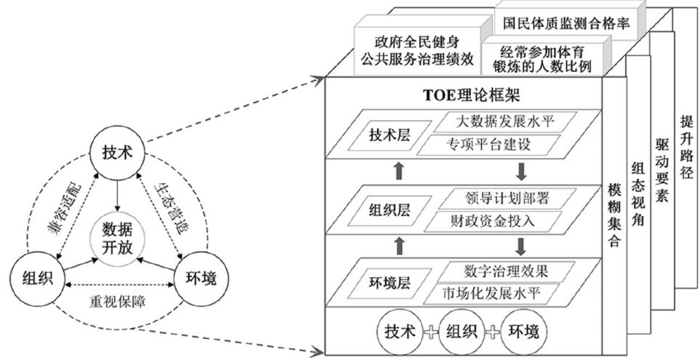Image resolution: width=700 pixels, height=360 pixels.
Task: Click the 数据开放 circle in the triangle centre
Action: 117,234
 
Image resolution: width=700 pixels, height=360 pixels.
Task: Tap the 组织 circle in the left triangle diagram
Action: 38,277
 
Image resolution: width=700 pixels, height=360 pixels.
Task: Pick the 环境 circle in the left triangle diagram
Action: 197,277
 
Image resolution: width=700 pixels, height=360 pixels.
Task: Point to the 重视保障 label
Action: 117,299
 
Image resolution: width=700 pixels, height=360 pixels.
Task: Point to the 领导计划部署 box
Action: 497,197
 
